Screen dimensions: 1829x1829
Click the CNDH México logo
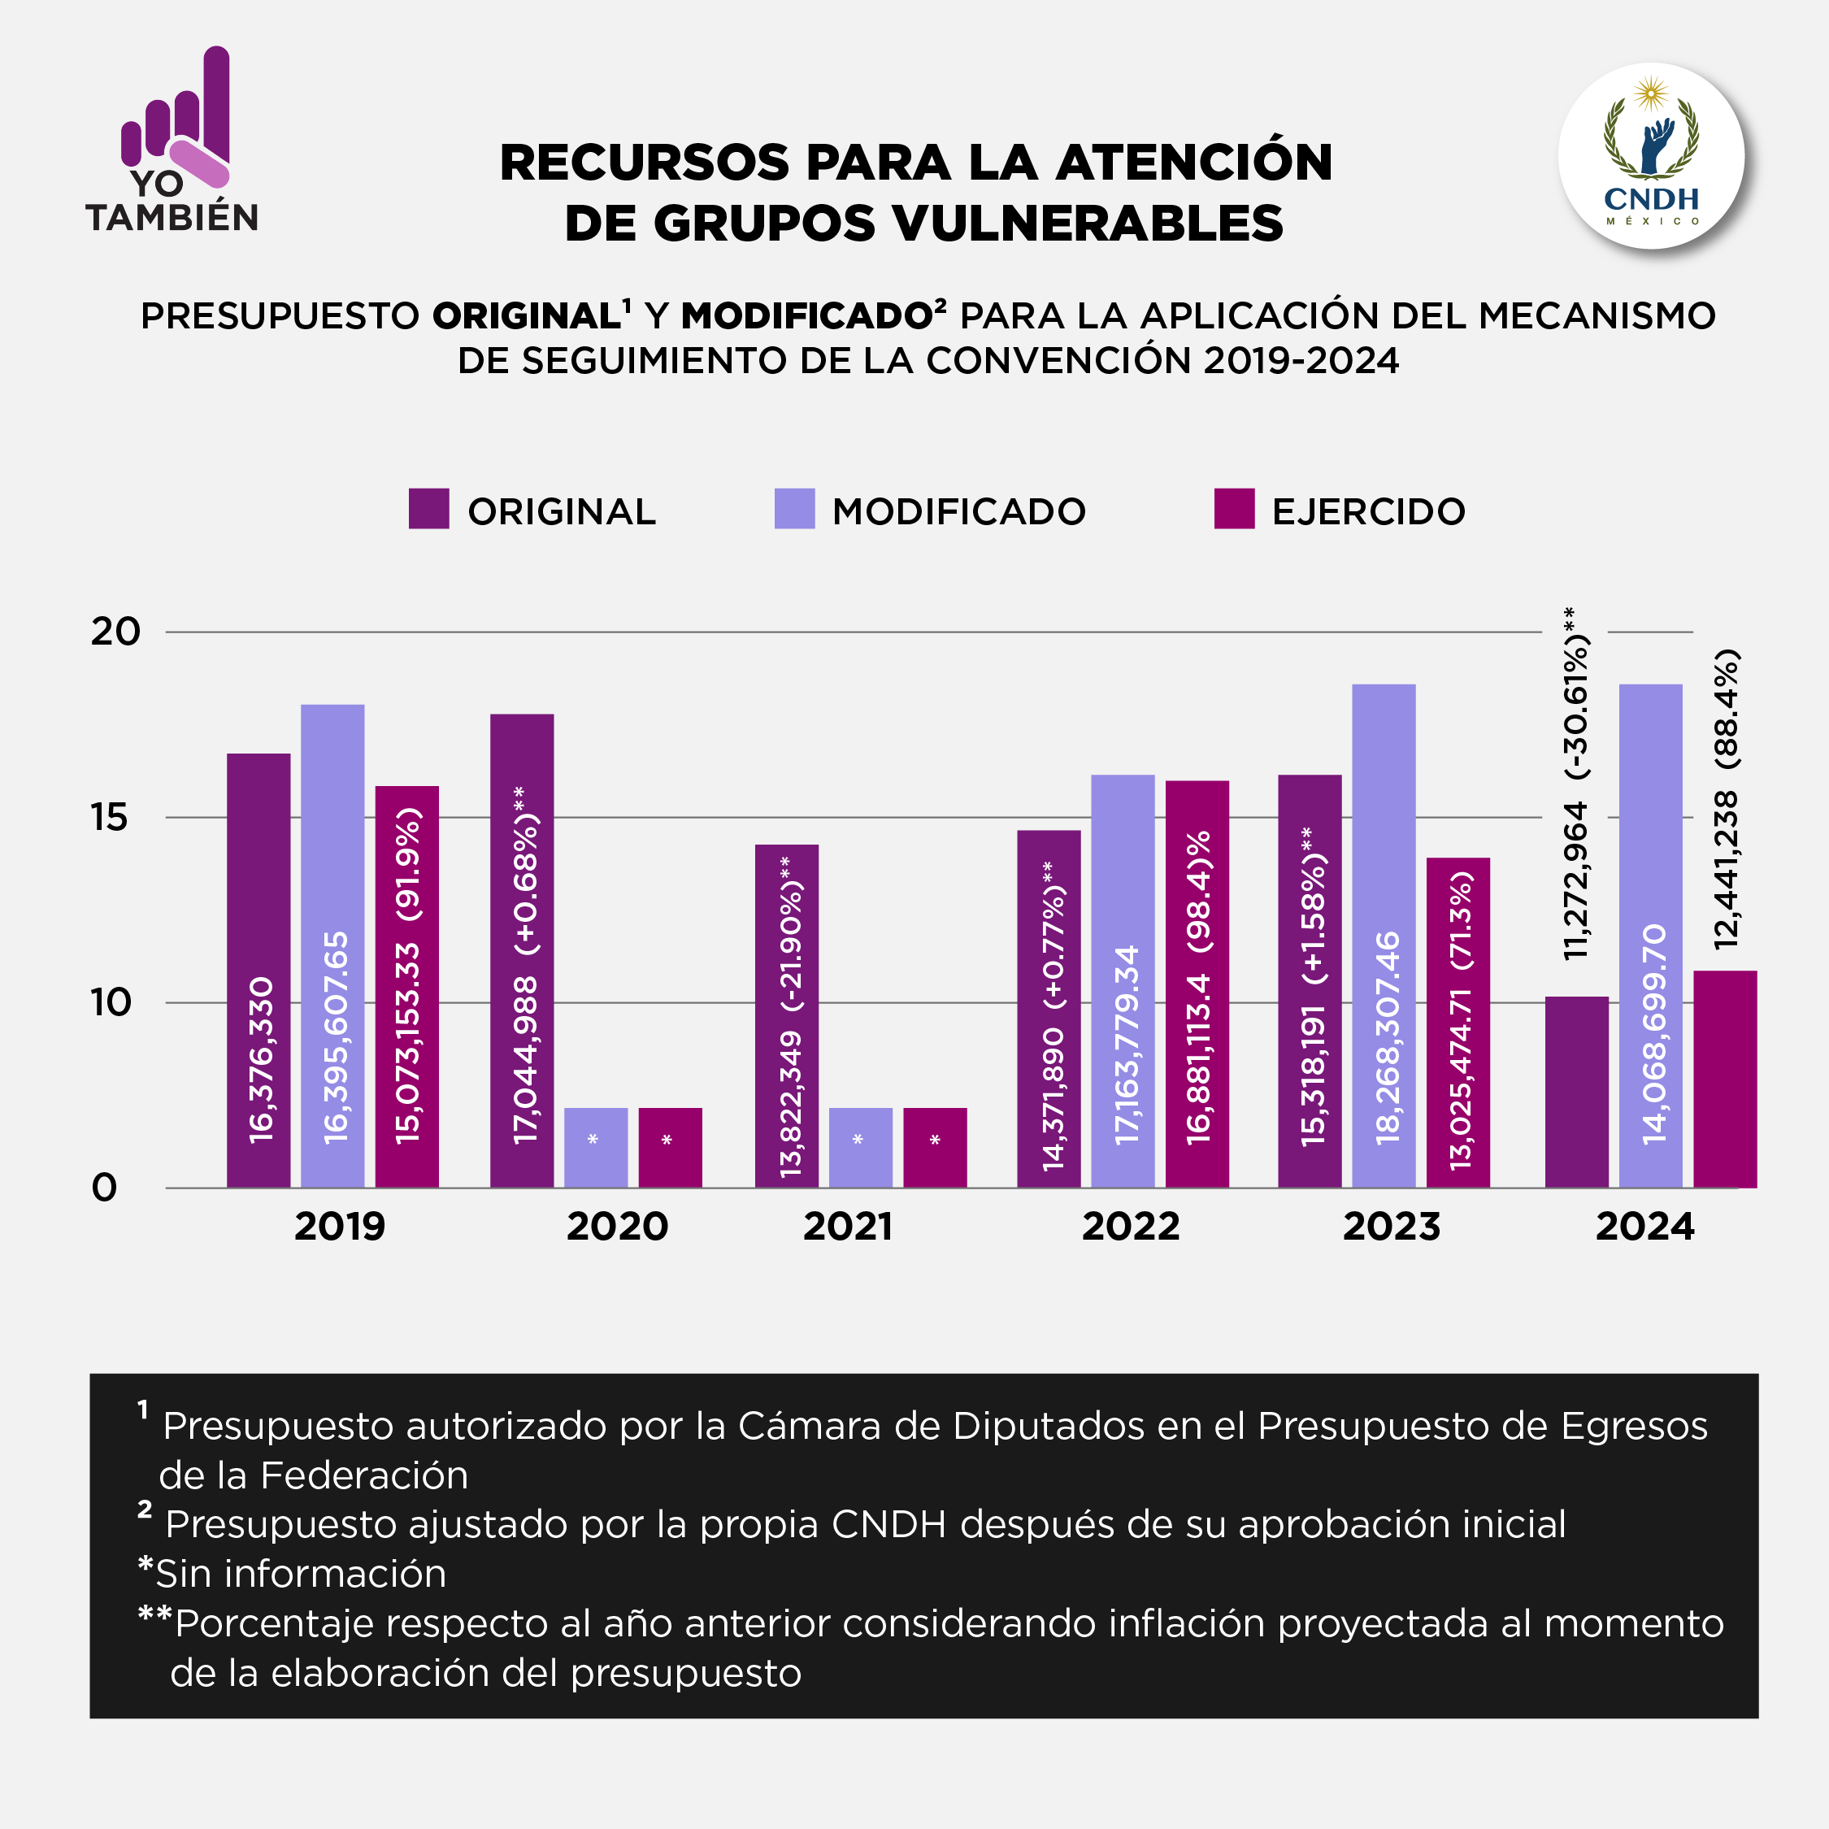1651,156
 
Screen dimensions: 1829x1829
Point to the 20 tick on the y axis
115,632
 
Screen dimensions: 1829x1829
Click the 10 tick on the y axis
111,1002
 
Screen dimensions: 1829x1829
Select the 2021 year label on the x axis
848,1227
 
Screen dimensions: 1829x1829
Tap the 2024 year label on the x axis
1644,1227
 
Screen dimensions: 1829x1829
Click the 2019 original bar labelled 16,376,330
258,971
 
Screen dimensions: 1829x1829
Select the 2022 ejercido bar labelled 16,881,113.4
1197,984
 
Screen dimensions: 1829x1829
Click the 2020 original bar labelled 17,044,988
522,951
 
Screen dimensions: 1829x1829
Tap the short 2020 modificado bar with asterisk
596,1147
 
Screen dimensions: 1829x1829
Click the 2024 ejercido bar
1725,1080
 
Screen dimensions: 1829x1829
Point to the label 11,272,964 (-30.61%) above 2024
1576,786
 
